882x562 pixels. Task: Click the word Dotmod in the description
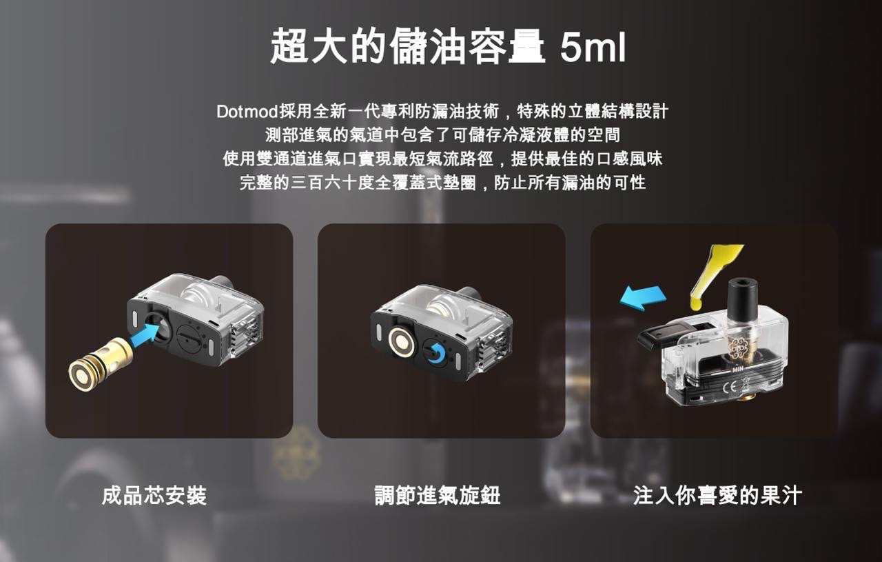click(x=246, y=111)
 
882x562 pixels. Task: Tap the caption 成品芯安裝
click(x=154, y=495)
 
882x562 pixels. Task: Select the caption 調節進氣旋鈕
click(x=437, y=495)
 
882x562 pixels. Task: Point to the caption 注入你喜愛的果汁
click(x=717, y=495)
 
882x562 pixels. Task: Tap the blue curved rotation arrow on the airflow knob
click(x=435, y=350)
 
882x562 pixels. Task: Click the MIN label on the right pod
click(x=740, y=372)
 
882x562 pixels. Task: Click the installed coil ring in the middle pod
click(x=401, y=341)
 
